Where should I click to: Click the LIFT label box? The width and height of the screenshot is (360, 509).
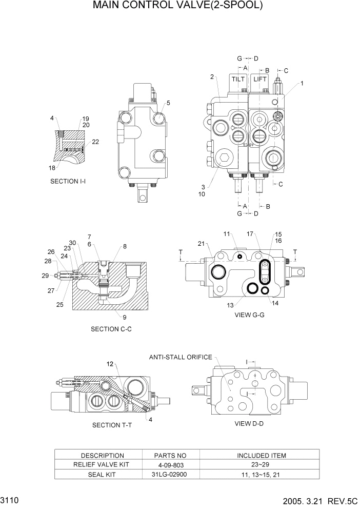coord(259,80)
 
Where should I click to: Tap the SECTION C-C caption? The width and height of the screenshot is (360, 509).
coord(111,329)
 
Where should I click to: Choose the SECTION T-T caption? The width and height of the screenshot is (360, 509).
coord(112,425)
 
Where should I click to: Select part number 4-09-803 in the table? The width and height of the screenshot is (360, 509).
coord(170,465)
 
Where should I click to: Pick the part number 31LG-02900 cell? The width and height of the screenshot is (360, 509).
coord(170,475)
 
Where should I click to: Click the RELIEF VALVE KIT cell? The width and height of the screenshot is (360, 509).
coord(103,465)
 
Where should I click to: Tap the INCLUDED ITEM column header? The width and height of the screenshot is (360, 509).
coord(261,455)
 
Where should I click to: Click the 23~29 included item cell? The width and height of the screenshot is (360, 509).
coord(261,465)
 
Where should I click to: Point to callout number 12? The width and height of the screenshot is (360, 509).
coord(110,364)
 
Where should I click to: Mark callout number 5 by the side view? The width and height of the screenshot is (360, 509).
coord(168,103)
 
